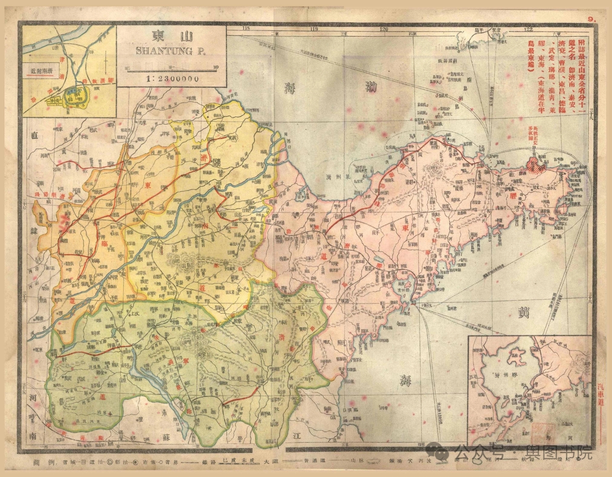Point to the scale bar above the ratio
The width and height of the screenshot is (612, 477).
click(x=172, y=68)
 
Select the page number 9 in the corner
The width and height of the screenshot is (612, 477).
click(x=591, y=19)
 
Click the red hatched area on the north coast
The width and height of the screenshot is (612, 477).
click(x=537, y=165)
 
